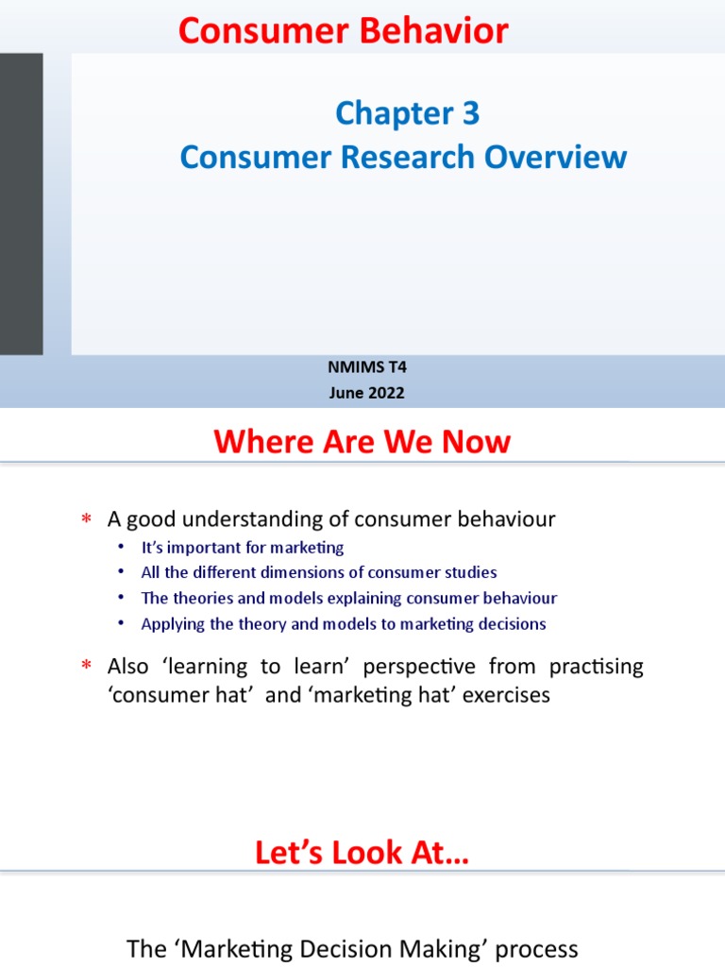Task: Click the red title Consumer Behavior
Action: [x=344, y=31]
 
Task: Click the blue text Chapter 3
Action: [x=407, y=114]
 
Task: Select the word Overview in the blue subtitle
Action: [x=556, y=157]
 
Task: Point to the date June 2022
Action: [x=366, y=393]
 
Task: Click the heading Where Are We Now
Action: [x=362, y=441]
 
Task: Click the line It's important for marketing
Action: [x=243, y=547]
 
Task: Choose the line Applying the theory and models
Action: [x=344, y=623]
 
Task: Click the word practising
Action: [x=594, y=666]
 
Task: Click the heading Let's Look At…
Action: [x=362, y=854]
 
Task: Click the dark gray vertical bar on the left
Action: [x=21, y=203]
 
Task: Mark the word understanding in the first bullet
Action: [x=249, y=519]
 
